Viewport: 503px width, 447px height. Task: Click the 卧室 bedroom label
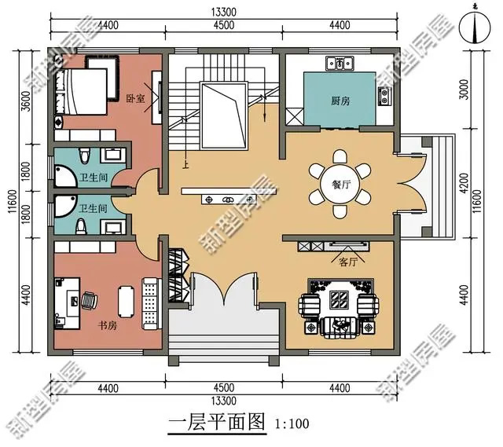tap(135, 98)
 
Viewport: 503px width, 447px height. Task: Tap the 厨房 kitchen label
tap(340, 101)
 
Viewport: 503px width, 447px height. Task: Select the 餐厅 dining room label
tap(341, 185)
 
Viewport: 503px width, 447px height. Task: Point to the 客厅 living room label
tap(348, 262)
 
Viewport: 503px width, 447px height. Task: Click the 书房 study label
tap(107, 326)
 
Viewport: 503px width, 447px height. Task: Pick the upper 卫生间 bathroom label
tap(94, 178)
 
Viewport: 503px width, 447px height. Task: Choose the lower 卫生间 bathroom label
tap(94, 209)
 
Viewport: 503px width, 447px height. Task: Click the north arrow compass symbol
tap(475, 28)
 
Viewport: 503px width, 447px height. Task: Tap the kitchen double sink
tap(340, 64)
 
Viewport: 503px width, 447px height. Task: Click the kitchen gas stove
tap(384, 97)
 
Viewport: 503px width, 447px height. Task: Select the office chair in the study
tap(89, 300)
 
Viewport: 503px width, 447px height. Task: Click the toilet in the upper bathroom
tap(84, 156)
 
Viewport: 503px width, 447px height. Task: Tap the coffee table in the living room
tap(340, 299)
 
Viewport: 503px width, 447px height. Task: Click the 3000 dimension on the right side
tap(464, 90)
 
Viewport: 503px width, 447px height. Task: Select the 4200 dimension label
tap(464, 183)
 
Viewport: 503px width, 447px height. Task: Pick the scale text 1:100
tap(292, 424)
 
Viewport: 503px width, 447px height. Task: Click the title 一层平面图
tap(217, 422)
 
